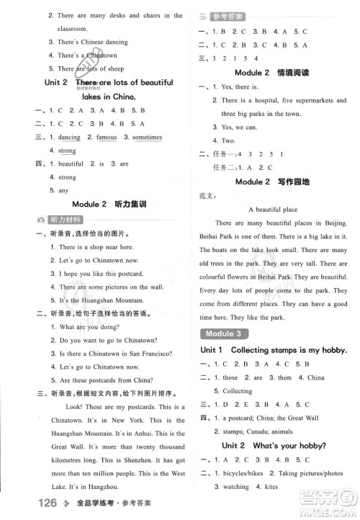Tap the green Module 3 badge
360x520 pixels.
pyautogui.click(x=222, y=333)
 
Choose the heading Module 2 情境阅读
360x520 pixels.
pyautogui.click(x=271, y=73)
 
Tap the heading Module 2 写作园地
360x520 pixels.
pyautogui.click(x=271, y=181)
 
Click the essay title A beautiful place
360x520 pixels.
pyautogui.click(x=271, y=209)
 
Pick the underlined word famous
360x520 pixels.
pyautogui.click(x=106, y=137)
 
